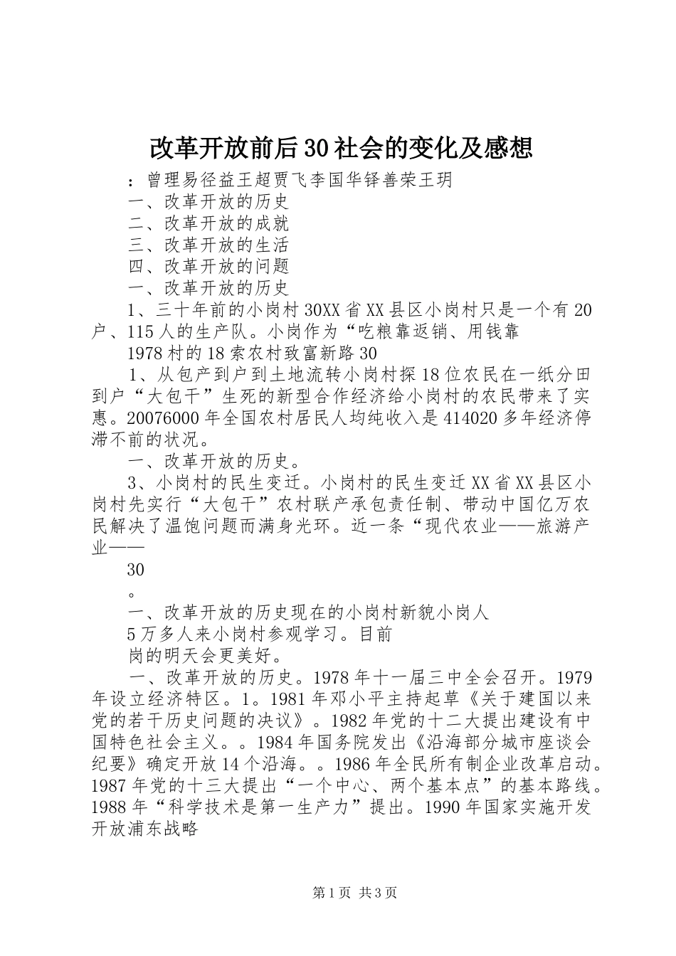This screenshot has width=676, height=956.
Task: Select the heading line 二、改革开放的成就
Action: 208,223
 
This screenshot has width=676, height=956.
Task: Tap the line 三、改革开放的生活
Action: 208,245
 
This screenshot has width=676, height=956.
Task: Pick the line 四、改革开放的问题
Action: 208,266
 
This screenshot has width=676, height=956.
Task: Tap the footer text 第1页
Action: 313,893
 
